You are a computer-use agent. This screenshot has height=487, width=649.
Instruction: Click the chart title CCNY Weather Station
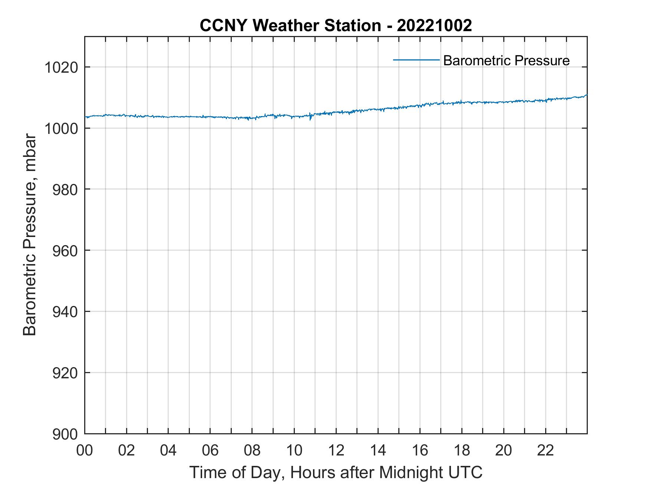click(x=290, y=26)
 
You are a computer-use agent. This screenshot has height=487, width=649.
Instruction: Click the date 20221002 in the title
click(x=434, y=26)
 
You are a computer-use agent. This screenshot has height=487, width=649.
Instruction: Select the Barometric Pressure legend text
click(x=506, y=60)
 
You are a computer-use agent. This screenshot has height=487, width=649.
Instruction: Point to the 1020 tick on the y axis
click(x=61, y=68)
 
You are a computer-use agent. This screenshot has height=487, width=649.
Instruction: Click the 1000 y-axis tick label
click(x=61, y=129)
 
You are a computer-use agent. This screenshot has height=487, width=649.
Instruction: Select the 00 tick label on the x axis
click(x=85, y=451)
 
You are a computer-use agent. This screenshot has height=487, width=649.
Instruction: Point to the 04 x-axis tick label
click(x=168, y=451)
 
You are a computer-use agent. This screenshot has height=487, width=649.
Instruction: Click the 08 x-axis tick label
click(x=252, y=451)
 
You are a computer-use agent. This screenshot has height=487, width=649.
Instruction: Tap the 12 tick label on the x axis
click(x=336, y=451)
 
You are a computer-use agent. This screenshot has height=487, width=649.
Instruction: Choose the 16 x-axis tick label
click(x=420, y=451)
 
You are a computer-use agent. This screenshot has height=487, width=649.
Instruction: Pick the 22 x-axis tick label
click(x=546, y=451)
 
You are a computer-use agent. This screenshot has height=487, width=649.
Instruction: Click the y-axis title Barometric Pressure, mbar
click(x=30, y=235)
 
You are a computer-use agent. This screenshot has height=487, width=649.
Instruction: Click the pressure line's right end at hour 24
click(x=587, y=95)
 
